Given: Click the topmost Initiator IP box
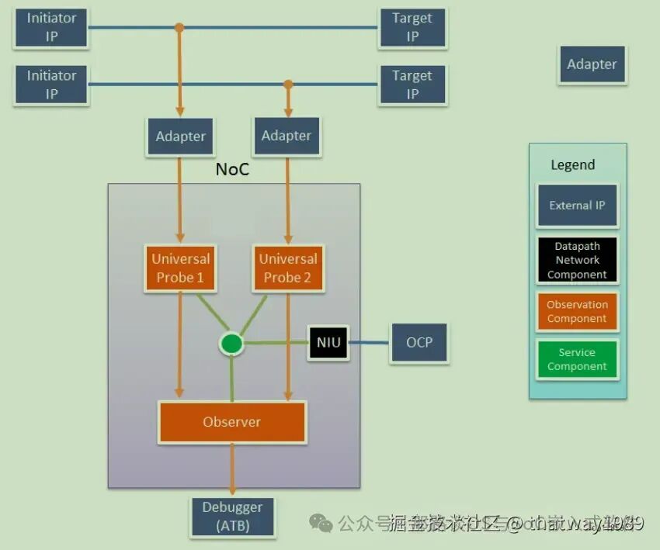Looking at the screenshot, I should [x=51, y=27].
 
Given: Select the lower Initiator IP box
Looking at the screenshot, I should [x=51, y=85].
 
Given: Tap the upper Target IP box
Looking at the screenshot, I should [x=412, y=27].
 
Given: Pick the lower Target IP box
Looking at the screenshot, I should [x=412, y=85].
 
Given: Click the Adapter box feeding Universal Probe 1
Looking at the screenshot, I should [x=180, y=137].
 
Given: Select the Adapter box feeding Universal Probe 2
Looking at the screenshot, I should [x=286, y=136].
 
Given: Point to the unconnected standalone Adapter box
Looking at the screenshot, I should [x=592, y=64].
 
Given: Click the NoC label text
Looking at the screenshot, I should [x=232, y=169].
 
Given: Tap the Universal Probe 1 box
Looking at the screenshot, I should [x=180, y=268].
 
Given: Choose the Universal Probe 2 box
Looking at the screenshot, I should [x=288, y=268].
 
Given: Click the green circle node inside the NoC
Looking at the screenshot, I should [x=231, y=343].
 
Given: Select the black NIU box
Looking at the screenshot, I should [x=328, y=342].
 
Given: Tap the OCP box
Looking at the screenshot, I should [x=419, y=342].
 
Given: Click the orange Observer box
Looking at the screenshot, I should [x=231, y=422].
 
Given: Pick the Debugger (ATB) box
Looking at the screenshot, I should [x=232, y=517].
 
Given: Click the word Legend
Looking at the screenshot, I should [x=572, y=164].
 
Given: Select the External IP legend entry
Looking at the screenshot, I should [x=577, y=206].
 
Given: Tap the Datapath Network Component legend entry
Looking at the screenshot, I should [x=577, y=260].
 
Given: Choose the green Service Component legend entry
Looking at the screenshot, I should [x=577, y=359].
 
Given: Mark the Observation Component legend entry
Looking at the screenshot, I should [x=577, y=311].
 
